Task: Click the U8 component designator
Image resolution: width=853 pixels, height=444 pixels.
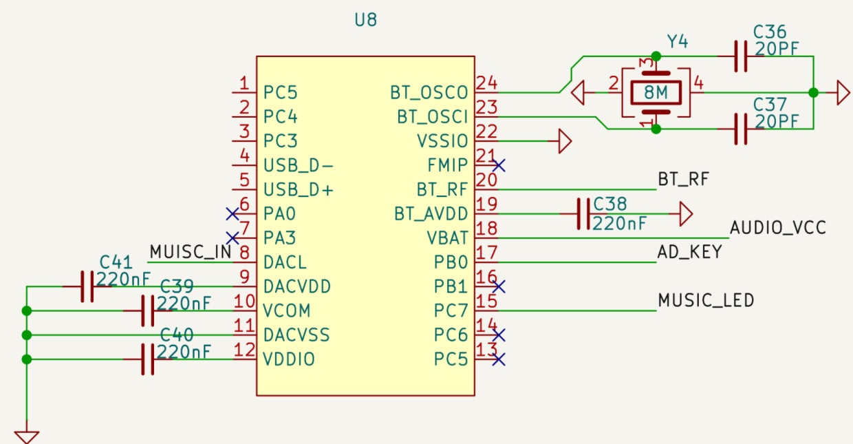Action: (x=365, y=20)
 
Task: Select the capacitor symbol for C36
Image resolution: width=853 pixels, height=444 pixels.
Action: (x=740, y=56)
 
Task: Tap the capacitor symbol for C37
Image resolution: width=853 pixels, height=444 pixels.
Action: (x=740, y=129)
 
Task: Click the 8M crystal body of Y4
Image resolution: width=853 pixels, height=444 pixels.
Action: (x=656, y=92)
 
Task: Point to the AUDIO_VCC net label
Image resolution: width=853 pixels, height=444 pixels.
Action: (x=777, y=228)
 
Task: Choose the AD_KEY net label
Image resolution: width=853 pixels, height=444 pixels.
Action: (x=690, y=252)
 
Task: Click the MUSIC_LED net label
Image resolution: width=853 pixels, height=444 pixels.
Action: (x=706, y=300)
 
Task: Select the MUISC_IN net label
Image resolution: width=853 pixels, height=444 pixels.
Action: (x=191, y=252)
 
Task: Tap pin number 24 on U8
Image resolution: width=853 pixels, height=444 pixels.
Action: (x=486, y=83)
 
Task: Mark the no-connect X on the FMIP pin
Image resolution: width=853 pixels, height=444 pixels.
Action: (x=499, y=165)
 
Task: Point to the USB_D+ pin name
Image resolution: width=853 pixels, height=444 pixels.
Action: (x=298, y=190)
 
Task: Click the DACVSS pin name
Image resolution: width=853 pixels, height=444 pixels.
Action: (x=296, y=335)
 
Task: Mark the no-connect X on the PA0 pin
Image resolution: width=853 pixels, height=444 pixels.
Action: (x=233, y=214)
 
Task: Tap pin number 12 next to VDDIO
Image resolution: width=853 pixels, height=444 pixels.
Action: (x=244, y=350)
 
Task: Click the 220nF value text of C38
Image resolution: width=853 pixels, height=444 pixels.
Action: (x=620, y=223)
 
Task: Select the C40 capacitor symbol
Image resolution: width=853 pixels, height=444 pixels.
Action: (x=147, y=359)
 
